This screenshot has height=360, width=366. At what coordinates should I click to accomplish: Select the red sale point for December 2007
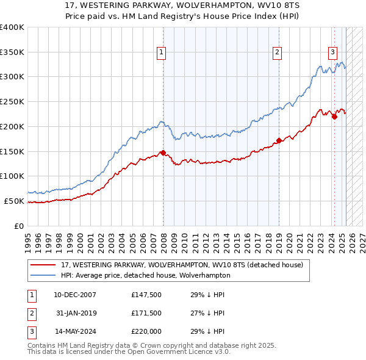pyautogui.click(x=163, y=152)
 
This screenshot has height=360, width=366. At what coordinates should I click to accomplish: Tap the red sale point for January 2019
pyautogui.click(x=279, y=140)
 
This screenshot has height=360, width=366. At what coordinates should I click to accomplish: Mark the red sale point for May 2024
pyautogui.click(x=334, y=117)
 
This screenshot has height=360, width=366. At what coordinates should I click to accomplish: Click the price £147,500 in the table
pyautogui.click(x=146, y=294)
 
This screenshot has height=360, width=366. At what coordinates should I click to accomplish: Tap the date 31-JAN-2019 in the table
pyautogui.click(x=76, y=313)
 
